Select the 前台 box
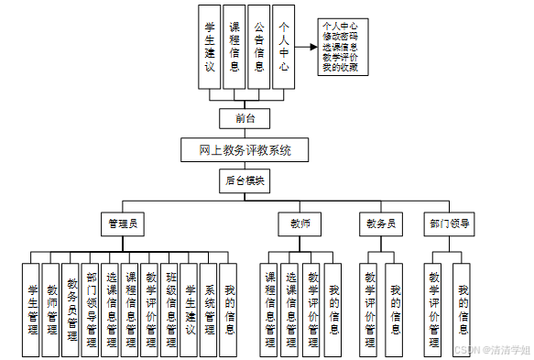tap(245, 118)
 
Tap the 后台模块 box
tap(245, 180)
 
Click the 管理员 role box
tap(123, 223)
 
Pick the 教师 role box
tap(300, 223)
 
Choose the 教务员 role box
tap(380, 223)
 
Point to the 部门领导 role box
tap(449, 223)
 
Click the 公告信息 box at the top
tap(260, 47)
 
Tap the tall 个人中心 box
tap(285, 47)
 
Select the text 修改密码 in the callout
tap(340, 36)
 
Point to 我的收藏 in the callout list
tap(340, 67)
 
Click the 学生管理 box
tap(32, 310)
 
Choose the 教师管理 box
tap(51, 310)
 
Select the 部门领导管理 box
tap(92, 310)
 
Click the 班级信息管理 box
tap(170, 310)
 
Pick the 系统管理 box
tap(210, 310)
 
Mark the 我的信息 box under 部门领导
tap(463, 310)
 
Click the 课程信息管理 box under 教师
tap(271, 310)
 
